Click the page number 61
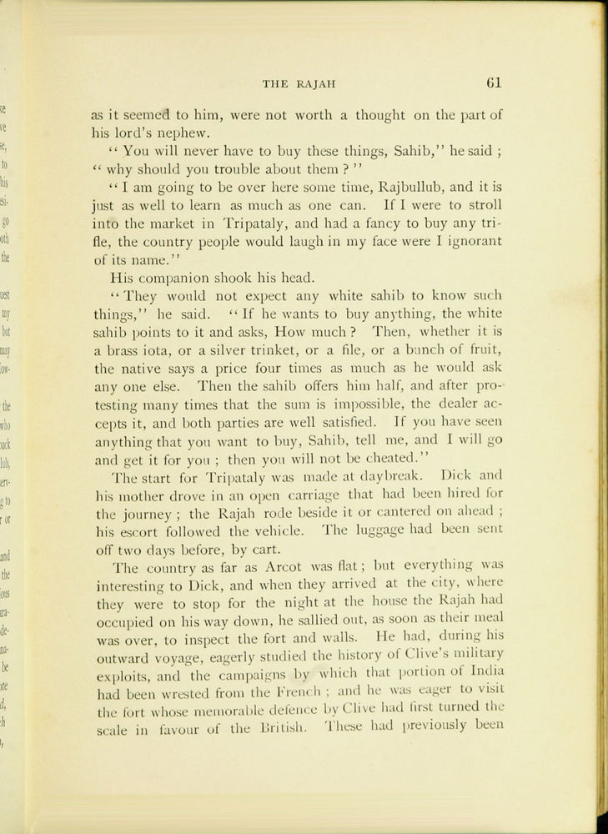click(x=491, y=82)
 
